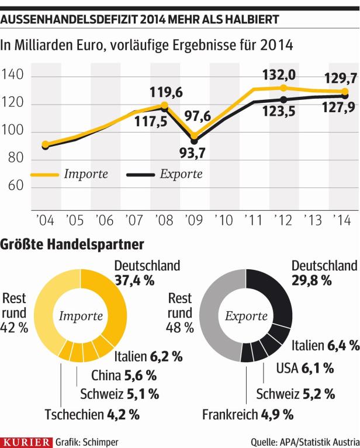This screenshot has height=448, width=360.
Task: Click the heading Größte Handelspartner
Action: click(x=72, y=242)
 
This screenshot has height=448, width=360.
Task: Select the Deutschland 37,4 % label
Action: click(x=146, y=272)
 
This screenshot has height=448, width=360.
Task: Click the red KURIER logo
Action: click(x=26, y=440)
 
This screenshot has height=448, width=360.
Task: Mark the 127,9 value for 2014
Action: click(x=338, y=110)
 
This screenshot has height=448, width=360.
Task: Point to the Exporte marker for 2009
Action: click(x=194, y=141)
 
